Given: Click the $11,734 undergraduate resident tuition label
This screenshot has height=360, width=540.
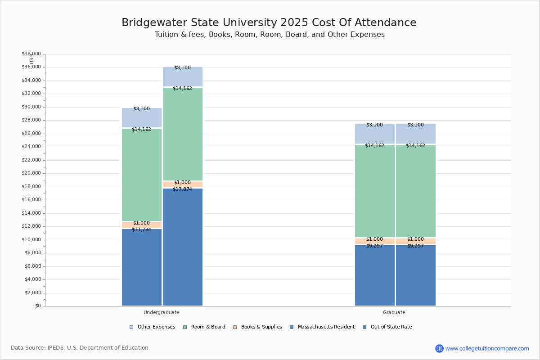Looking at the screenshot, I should coord(141,230).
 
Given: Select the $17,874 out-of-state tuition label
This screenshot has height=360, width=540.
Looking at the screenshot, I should coord(182,189).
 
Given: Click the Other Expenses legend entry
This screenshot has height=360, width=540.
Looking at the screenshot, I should coord(153,327).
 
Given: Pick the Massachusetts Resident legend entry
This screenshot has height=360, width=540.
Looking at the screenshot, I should coord(322,327).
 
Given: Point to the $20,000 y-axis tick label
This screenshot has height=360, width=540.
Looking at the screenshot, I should coord(31,173).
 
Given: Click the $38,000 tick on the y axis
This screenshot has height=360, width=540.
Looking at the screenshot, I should coord(31,54).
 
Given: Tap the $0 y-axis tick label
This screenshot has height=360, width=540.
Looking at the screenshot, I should coord(37,306).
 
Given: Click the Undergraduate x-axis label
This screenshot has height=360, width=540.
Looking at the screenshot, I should coord(162,312).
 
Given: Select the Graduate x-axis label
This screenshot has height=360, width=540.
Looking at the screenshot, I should coord(394,312).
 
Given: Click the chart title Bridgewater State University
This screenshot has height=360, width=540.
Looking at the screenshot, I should coord(269,23).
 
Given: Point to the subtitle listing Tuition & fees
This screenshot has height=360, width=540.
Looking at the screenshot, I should coord(270,35).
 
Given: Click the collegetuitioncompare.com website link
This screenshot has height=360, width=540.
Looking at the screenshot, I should coord(487,348).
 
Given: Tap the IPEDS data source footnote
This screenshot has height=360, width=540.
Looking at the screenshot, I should coord(80,348).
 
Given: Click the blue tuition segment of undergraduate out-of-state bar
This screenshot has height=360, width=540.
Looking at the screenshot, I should coord(183,247).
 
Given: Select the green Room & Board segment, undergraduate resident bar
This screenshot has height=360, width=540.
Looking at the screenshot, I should coord(142,175).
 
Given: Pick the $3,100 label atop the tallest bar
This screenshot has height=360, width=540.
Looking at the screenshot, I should coord(182,68).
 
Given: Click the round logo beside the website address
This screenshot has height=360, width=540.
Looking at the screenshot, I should coord(439,348).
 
